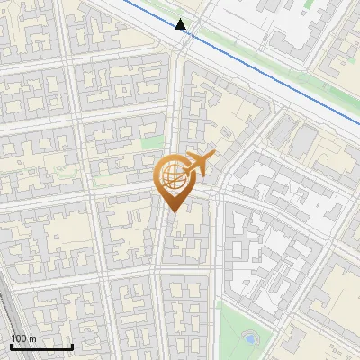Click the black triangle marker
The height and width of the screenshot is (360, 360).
click(181, 24)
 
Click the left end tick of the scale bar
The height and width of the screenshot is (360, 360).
click(11, 346)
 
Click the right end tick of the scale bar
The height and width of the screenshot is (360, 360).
click(72, 346)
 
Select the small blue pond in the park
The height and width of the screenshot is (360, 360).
click(249, 339)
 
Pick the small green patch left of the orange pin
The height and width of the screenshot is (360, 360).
click(152, 142)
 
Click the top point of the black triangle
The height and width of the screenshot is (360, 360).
click(181, 18)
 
